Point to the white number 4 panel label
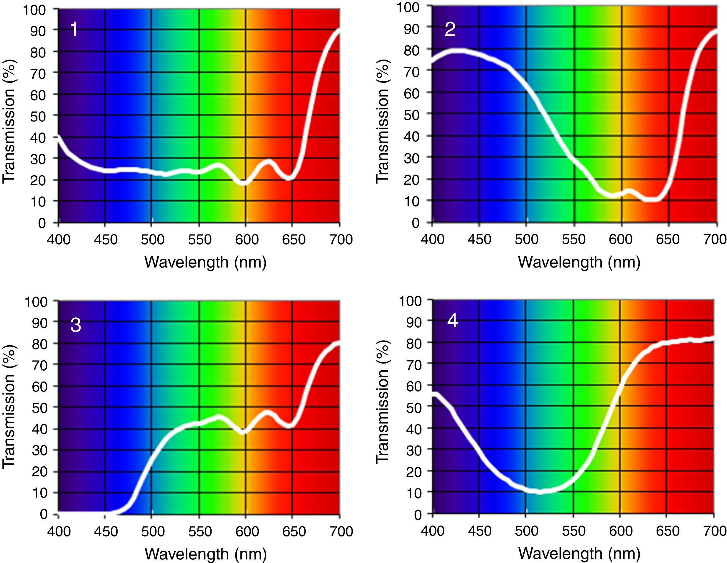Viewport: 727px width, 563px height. (x=452, y=321)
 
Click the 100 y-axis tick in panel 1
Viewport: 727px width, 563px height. (x=34, y=10)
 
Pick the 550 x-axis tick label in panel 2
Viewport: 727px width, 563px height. (x=573, y=240)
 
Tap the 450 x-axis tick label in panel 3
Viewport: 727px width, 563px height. (x=105, y=531)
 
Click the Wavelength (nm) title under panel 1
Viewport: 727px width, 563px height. (x=205, y=262)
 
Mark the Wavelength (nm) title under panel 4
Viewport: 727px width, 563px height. (x=579, y=554)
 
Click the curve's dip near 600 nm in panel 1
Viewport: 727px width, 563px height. (x=244, y=182)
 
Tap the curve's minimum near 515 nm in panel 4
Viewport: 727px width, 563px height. (x=540, y=491)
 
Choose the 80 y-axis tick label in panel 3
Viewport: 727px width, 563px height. (x=40, y=344)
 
